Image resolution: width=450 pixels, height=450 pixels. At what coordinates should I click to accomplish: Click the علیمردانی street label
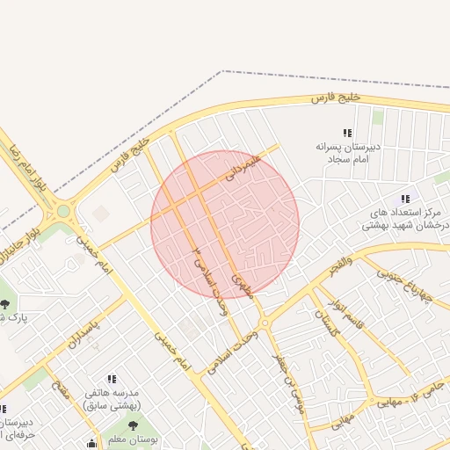point(243,168)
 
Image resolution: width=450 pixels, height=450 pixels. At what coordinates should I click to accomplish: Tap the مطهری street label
point(242,285)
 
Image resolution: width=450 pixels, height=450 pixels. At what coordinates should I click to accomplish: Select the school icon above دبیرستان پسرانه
point(347,133)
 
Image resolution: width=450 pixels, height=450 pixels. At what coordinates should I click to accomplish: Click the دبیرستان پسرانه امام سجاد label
point(347,153)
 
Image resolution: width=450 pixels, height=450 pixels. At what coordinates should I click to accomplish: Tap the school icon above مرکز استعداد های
point(405,199)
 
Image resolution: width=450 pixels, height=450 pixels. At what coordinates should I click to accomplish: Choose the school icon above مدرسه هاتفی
point(112,378)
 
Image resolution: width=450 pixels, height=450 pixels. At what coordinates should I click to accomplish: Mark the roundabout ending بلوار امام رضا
point(62,212)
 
